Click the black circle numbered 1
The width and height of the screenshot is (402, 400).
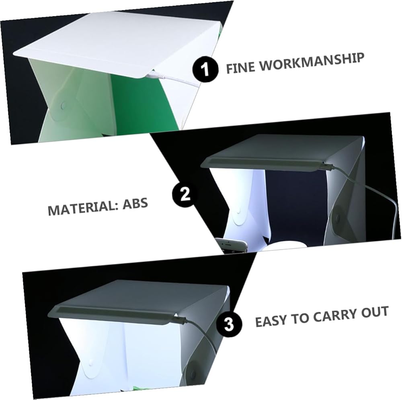(205, 69)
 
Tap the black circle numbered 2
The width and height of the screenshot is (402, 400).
(185, 194)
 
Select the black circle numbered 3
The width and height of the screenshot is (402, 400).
(229, 324)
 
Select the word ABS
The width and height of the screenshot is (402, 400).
(135, 204)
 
